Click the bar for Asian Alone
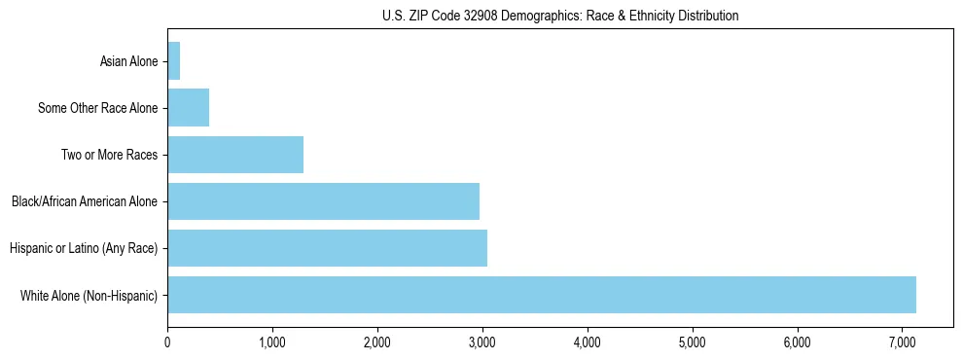pos(174,61)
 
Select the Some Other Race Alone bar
pos(189,108)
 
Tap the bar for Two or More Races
pos(235,155)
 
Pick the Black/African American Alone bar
pos(323,201)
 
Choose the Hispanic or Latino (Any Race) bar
pos(327,248)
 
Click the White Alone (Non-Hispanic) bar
pos(542,295)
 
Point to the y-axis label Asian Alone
pos(128,62)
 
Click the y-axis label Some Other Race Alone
pos(97,109)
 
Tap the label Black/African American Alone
pos(85,202)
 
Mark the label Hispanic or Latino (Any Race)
pos(84,249)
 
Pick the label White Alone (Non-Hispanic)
pos(89,296)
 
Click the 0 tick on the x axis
pos(167,342)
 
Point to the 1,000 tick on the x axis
pos(272,342)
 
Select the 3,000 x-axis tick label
pos(482,342)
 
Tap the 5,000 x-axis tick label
pos(692,342)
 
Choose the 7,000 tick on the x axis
pos(902,342)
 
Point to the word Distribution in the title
pos(707,16)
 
